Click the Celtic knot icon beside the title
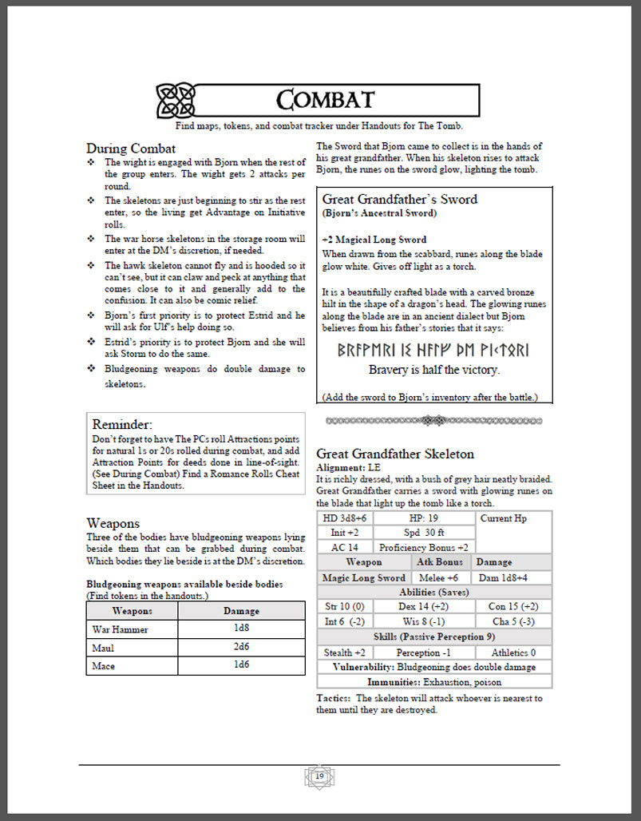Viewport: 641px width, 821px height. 175,100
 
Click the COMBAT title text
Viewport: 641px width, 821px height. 325,100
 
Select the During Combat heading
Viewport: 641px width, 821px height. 131,148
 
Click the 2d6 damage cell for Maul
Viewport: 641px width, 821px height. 241,648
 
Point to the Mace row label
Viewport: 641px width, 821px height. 104,666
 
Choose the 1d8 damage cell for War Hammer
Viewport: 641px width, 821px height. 241,629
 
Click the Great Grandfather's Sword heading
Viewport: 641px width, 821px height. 399,199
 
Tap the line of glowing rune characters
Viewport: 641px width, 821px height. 433,351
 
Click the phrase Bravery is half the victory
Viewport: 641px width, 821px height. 433,370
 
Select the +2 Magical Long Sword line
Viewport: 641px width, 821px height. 374,240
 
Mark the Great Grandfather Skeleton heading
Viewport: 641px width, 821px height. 395,454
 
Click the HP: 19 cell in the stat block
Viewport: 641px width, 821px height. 423,518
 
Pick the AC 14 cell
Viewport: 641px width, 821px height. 345,548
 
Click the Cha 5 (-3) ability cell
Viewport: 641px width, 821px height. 513,621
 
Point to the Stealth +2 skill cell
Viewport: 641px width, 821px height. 344,652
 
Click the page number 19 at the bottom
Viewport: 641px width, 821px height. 319,776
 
